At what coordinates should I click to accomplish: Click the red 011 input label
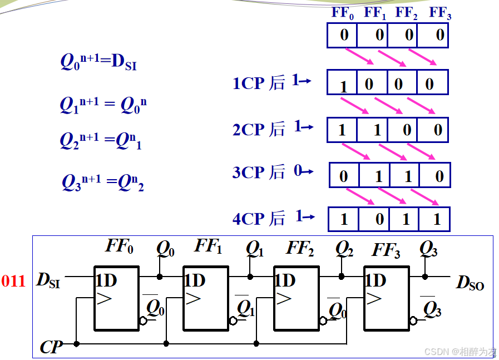[13, 281]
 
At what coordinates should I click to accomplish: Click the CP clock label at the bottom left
[51, 348]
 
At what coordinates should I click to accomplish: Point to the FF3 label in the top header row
[440, 13]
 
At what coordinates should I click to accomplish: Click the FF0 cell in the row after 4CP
[343, 219]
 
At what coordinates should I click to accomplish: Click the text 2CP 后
[259, 129]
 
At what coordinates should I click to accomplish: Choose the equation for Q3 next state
[103, 182]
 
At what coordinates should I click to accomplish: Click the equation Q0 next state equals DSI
[98, 61]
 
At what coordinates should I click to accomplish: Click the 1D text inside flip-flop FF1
[195, 280]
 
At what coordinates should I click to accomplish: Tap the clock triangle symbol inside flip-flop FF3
[373, 299]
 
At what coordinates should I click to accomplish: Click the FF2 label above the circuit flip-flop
[300, 248]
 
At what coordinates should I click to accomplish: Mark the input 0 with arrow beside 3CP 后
[303, 171]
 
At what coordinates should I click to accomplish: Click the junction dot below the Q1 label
[250, 276]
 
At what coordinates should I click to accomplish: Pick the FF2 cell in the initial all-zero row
[409, 35]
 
